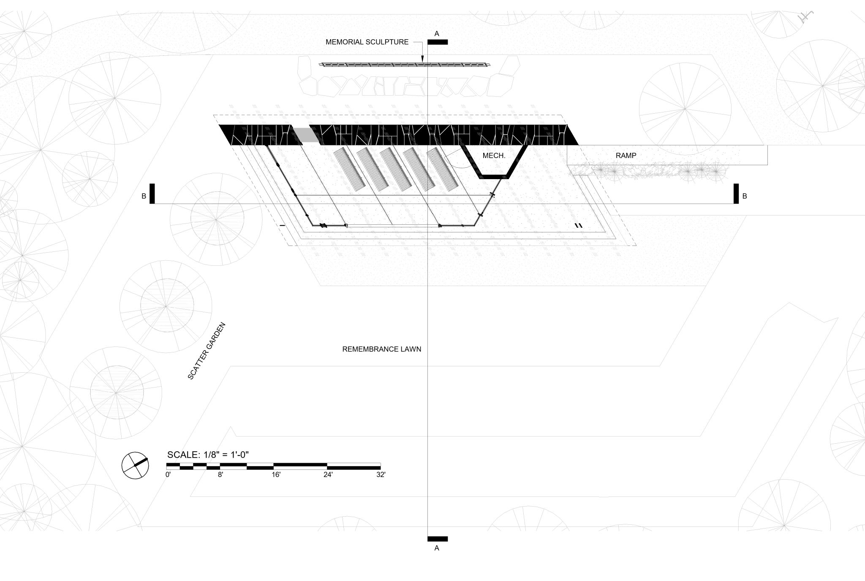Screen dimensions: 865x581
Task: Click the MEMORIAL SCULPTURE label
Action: [367, 42]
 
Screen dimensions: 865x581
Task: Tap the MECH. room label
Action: [494, 156]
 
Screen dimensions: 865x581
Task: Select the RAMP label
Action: [626, 155]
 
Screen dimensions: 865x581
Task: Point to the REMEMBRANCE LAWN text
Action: [381, 349]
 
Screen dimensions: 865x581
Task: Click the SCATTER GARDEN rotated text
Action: [207, 351]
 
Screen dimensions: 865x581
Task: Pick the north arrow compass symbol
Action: [135, 465]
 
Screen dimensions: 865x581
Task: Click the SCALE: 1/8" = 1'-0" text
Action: [208, 455]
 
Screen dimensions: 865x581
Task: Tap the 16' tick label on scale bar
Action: [276, 475]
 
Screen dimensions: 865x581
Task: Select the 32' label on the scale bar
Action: [381, 475]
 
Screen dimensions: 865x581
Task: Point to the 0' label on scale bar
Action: [168, 475]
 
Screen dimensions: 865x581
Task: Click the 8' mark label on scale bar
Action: [220, 475]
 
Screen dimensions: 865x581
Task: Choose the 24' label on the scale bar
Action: [328, 475]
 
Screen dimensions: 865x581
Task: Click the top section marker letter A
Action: [437, 33]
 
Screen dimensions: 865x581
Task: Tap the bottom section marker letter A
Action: [437, 548]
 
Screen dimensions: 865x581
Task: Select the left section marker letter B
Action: [144, 196]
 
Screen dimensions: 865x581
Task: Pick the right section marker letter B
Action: [745, 196]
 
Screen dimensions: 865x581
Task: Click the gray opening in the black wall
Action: [306, 135]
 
